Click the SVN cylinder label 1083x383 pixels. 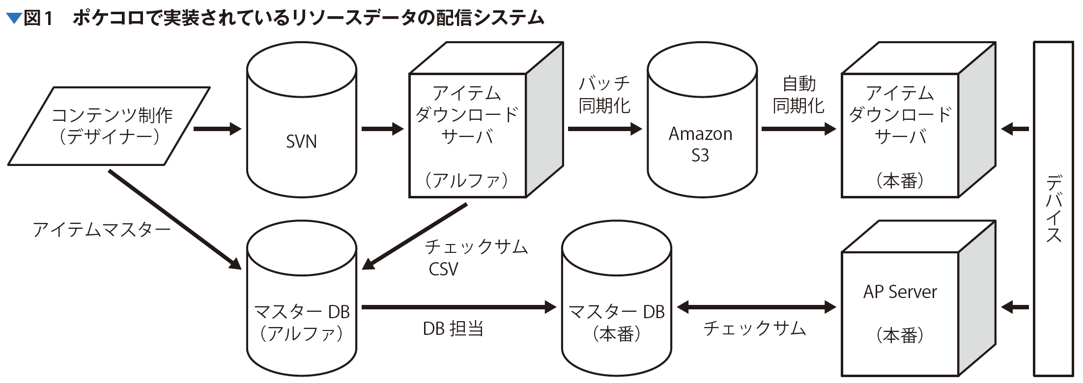pos(301,142)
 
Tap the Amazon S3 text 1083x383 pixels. pos(700,144)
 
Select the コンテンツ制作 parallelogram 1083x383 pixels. pos(109,126)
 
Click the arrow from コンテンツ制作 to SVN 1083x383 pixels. pos(217,129)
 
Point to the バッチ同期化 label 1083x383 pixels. pos(604,94)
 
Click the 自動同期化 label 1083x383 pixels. pos(798,94)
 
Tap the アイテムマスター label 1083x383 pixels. pos(102,230)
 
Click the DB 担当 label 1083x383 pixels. pos(453,328)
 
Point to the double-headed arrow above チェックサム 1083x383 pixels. pos(756,307)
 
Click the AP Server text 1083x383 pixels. pos(900,292)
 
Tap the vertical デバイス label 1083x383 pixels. pos(1054,209)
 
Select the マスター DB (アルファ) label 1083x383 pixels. pos(302,323)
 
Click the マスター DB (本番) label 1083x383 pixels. pos(616,323)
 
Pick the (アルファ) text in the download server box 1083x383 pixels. pos(467,181)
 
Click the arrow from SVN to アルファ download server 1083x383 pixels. pos(382,129)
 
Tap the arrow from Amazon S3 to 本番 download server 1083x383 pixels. pos(798,129)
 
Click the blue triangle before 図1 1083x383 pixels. pos(14,19)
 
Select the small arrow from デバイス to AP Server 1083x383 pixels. pos(1015,307)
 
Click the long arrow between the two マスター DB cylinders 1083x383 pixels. pos(459,307)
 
